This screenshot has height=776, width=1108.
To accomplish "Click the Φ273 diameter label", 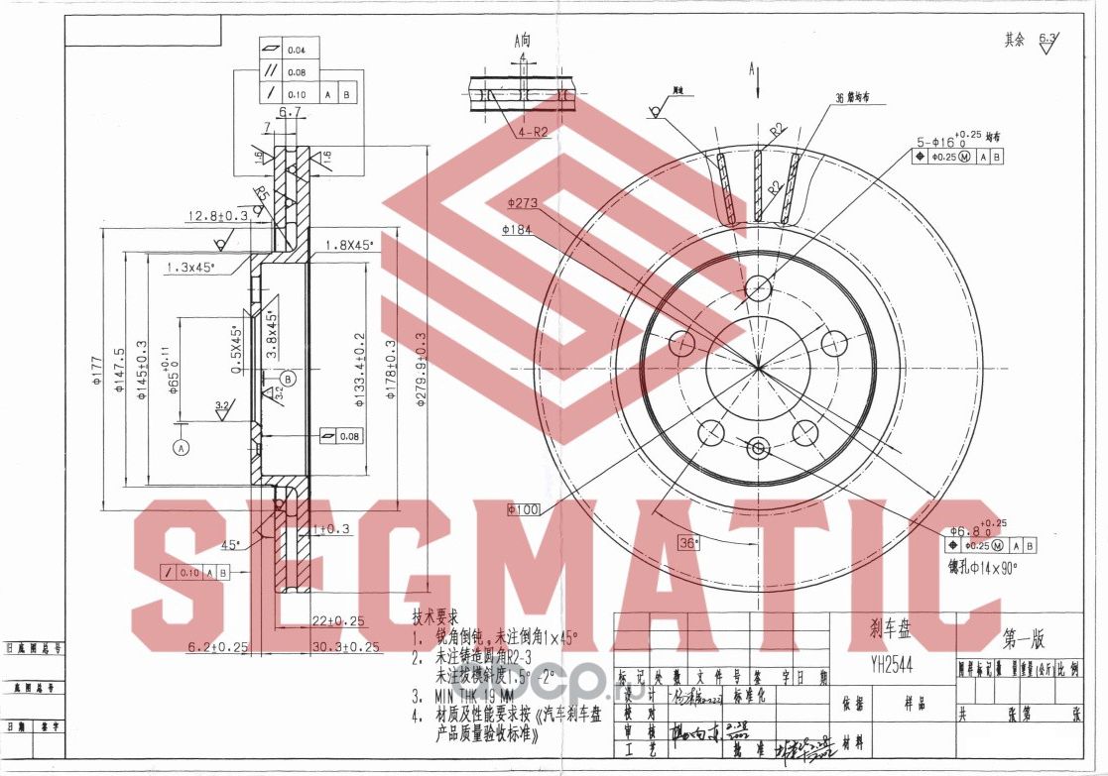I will (x=522, y=203).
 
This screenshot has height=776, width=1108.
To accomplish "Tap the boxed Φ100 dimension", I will (x=523, y=509).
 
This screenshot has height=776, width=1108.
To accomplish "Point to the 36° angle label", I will (x=688, y=542).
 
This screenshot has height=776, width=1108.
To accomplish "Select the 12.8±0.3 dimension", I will (x=217, y=215).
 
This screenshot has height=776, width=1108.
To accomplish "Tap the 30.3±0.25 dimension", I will (x=345, y=647).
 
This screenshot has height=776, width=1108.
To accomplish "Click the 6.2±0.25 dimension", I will (x=218, y=647).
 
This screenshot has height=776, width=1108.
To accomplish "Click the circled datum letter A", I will (x=181, y=447).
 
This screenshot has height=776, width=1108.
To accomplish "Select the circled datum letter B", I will (x=288, y=379).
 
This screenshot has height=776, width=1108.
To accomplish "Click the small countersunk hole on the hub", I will (x=759, y=448).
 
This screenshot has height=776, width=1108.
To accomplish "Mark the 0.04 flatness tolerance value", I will (x=297, y=51).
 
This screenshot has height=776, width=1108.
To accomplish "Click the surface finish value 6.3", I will (x=1047, y=39).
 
